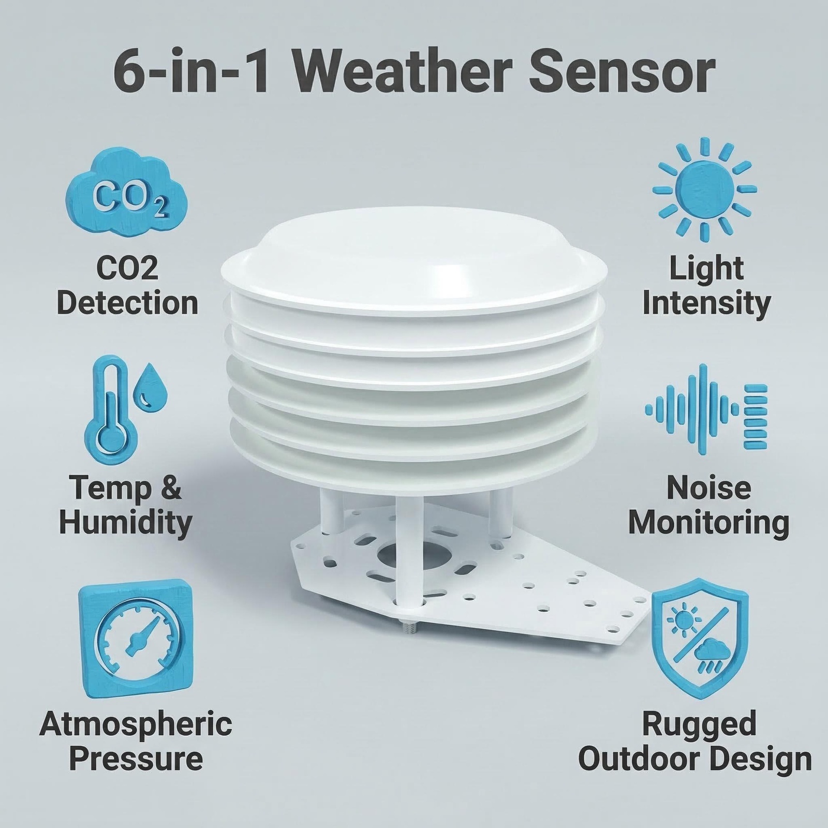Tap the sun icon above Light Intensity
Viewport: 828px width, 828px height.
pos(705,189)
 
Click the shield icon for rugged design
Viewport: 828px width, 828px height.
pos(700,639)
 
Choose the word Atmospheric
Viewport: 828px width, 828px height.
pos(136,724)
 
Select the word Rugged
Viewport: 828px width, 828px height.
pos(700,723)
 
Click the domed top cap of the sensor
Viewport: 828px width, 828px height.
pos(414,254)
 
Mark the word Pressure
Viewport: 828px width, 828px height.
pos(136,759)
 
